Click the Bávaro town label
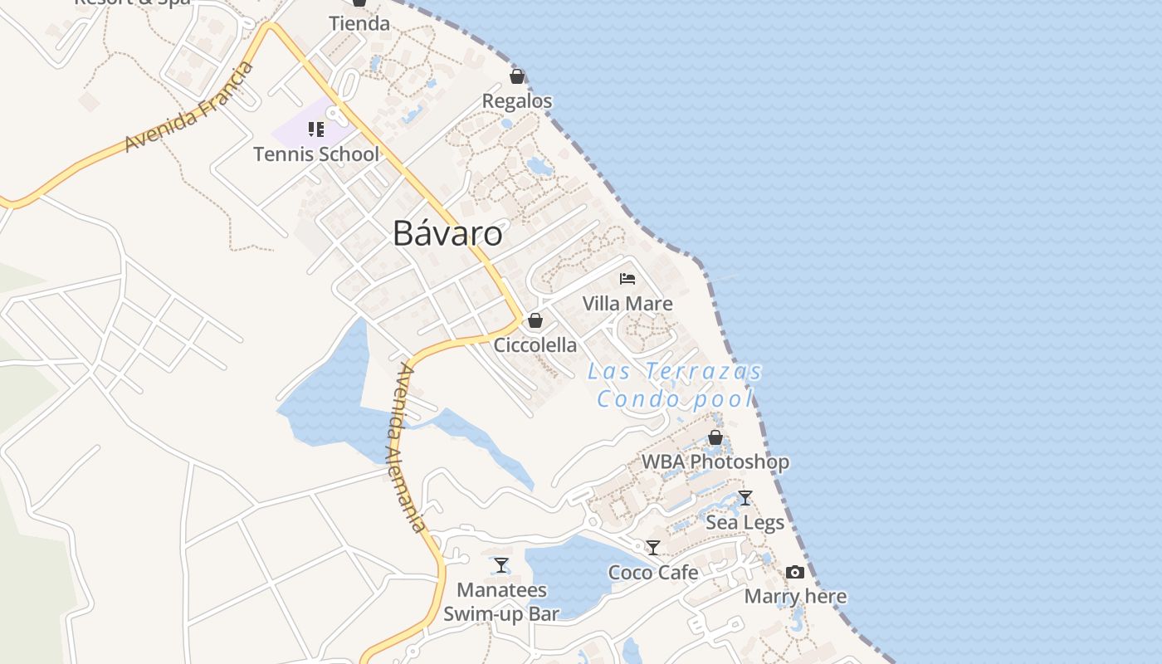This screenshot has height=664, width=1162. tap(447, 233)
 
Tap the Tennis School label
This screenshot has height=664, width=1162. tap(316, 154)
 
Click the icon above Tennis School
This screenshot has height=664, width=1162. tap(315, 129)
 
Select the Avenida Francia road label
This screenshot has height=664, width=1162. tap(189, 107)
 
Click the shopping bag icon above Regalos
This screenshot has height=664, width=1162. tap(517, 77)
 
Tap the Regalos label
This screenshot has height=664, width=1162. tap(517, 101)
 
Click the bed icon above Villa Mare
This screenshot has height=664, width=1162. tap(627, 279)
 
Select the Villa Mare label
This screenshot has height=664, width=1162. tap(627, 304)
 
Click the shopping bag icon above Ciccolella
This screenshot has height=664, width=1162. tap(535, 320)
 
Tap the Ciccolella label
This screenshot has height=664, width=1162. tap(535, 345)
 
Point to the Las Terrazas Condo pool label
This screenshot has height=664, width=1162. tap(675, 385)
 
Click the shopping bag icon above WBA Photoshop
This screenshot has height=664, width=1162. tap(715, 437)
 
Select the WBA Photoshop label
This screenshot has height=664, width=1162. tap(715, 461)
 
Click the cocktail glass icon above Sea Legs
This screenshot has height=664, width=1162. tap(745, 498)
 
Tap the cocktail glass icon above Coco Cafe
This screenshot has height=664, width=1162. tap(653, 548)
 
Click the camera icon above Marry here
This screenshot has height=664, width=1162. tap(795, 572)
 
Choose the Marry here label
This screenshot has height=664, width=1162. tap(795, 597)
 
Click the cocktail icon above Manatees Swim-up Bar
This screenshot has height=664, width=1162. tap(501, 565)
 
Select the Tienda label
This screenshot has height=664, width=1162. tap(359, 23)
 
